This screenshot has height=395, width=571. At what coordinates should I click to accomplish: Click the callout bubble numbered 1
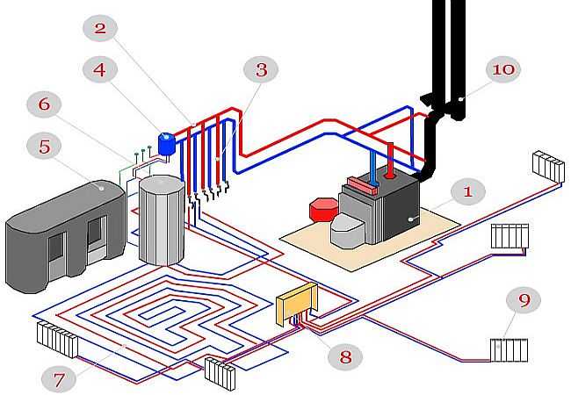tap(468, 191)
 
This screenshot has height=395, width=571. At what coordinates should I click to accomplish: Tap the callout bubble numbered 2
tap(100, 28)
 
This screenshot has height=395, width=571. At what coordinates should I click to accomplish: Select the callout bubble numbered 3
tap(261, 69)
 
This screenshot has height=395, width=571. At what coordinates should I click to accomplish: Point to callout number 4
tap(100, 69)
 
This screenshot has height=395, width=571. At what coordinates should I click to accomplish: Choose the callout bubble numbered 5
tap(44, 147)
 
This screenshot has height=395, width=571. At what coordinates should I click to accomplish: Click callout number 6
tap(44, 104)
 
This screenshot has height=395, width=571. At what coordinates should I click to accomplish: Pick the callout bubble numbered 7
tap(59, 379)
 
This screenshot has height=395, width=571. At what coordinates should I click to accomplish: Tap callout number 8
tap(345, 356)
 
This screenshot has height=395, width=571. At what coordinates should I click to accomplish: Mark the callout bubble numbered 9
tap(524, 300)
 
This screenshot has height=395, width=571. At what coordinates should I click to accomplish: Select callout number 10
tap(503, 69)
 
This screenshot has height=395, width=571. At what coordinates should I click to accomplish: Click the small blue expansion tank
tap(167, 144)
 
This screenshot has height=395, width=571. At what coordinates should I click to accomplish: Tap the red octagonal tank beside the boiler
tap(323, 210)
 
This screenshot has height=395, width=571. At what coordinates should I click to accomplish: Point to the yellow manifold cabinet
tap(297, 303)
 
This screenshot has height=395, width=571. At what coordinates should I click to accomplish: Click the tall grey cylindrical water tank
tap(162, 220)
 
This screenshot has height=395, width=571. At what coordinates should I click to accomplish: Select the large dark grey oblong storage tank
tap(66, 236)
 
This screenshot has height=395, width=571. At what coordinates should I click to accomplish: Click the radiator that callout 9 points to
tap(509, 350)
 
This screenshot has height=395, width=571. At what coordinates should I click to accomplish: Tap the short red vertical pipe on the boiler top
tap(390, 160)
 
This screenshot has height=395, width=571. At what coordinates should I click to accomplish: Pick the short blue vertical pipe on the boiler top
tap(373, 168)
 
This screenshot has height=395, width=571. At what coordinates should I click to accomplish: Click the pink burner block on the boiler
tap(362, 186)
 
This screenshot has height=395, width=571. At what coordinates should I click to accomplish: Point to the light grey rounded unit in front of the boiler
tap(348, 230)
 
